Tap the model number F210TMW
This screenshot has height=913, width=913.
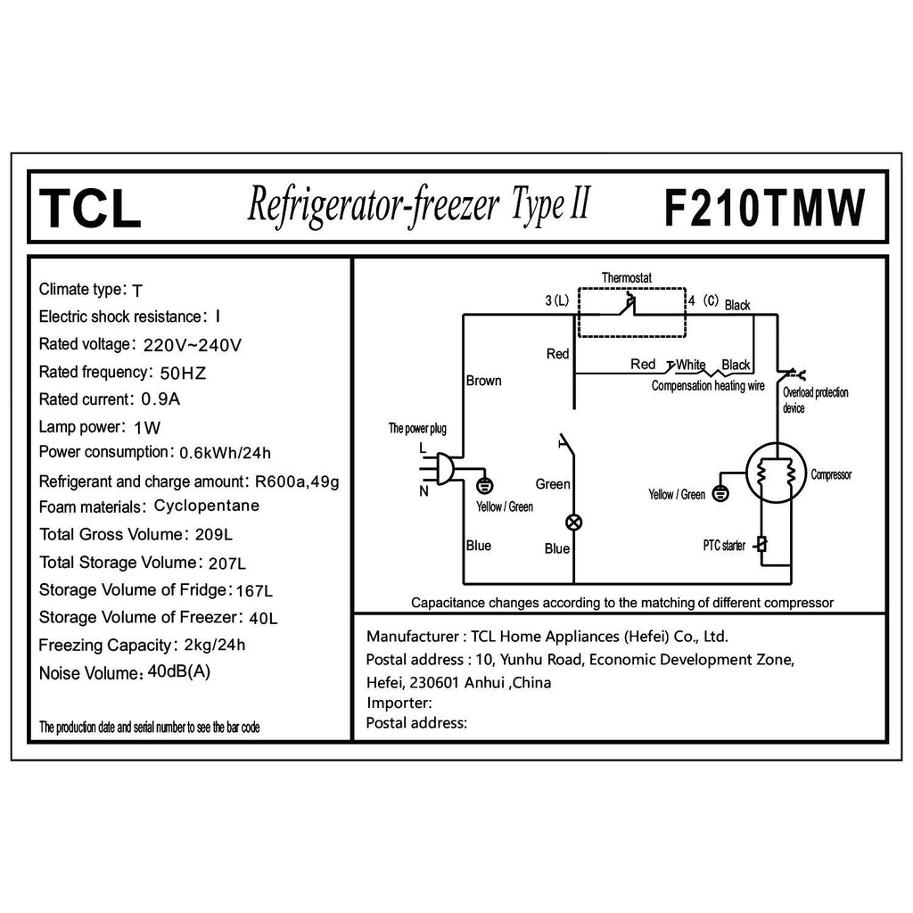tap(765, 207)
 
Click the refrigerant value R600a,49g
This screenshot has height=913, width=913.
tap(296, 481)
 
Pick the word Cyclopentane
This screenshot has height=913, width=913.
tap(206, 506)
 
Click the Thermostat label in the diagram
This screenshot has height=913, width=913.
tap(626, 278)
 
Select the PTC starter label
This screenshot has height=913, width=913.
tap(722, 546)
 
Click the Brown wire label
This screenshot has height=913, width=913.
tap(484, 381)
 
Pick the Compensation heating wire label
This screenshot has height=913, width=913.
tap(708, 386)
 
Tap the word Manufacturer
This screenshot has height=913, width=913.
tap(412, 637)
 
